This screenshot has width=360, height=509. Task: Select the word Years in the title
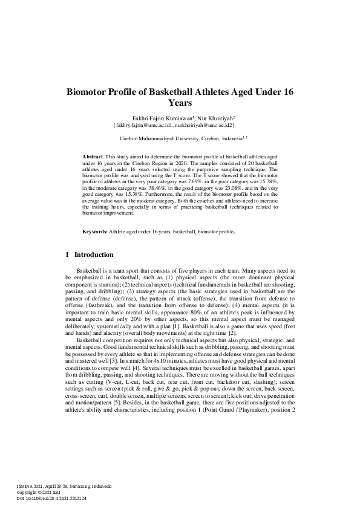point(180,103)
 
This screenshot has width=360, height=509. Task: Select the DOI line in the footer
point(51,498)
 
